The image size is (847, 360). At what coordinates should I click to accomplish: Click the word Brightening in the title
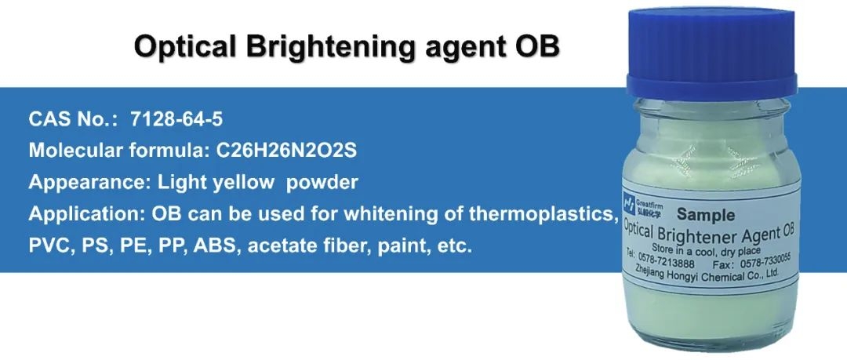pyautogui.click(x=331, y=48)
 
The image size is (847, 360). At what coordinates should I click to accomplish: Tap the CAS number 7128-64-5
pyautogui.click(x=176, y=119)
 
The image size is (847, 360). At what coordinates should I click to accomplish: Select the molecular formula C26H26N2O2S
pyautogui.click(x=287, y=151)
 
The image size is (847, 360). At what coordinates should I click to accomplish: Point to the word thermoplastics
pyautogui.click(x=543, y=214)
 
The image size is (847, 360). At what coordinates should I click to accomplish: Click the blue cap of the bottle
pyautogui.click(x=711, y=54)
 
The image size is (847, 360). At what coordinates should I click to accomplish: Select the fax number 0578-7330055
pyautogui.click(x=762, y=262)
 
